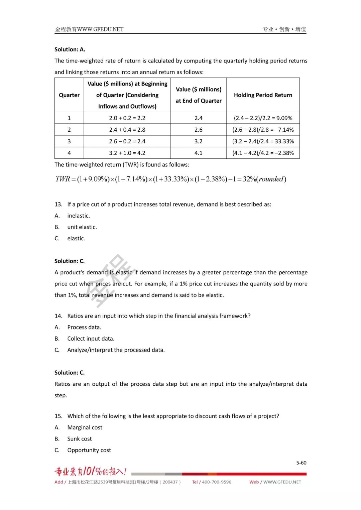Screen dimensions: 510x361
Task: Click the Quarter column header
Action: (69, 95)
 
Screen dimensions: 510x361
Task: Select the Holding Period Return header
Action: (263, 95)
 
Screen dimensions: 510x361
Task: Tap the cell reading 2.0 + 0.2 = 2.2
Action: (127, 118)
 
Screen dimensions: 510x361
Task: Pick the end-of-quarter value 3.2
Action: (199, 141)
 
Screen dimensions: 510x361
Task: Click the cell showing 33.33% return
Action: (263, 141)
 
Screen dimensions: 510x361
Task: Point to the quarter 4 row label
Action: (69, 153)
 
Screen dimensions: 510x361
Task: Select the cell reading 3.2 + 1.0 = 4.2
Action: (127, 153)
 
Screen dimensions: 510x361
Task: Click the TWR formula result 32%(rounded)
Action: (264, 179)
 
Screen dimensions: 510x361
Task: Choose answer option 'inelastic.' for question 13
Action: (79, 216)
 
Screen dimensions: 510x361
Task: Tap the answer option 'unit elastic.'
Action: (82, 227)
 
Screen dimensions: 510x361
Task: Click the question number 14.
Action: (58, 316)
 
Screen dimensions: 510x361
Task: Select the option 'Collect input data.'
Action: (91, 339)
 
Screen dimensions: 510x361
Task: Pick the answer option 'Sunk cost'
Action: (80, 439)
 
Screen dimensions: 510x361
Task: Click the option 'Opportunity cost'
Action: (89, 451)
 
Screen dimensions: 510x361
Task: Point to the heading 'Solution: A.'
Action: (70, 49)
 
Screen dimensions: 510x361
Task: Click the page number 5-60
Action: (301, 463)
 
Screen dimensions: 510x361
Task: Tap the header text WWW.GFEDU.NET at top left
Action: (100, 29)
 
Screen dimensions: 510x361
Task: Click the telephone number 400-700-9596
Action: (216, 482)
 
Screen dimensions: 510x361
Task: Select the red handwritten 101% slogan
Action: (91, 471)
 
